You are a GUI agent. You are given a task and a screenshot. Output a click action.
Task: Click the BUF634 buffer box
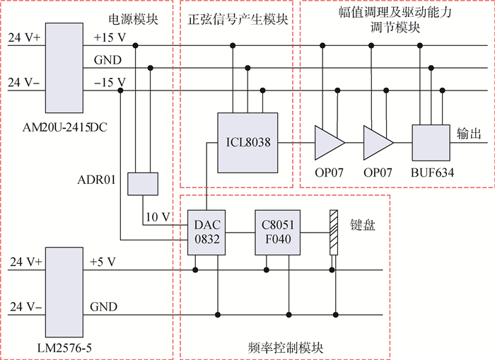click(x=431, y=143)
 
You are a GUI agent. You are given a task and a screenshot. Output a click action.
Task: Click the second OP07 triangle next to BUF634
click(x=377, y=143)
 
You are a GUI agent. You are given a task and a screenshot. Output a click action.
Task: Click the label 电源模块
click(x=141, y=20)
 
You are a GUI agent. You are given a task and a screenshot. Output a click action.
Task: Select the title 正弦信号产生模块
click(x=237, y=20)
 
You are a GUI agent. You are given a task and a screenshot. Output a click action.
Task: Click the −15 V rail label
click(x=110, y=82)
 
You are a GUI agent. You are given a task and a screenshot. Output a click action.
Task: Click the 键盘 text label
click(x=362, y=225)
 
